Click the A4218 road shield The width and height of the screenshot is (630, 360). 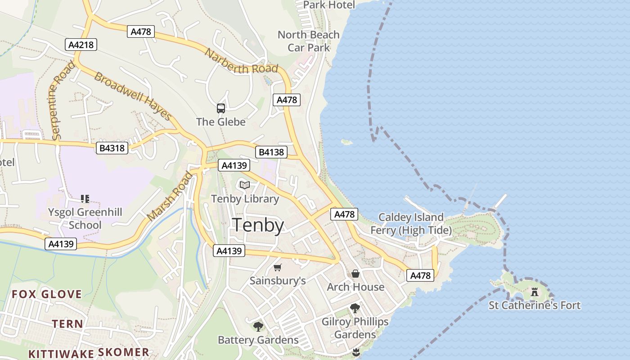81,45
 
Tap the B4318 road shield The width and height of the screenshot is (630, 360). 112,148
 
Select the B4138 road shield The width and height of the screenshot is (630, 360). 271,152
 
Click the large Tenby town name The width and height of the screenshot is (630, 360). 258,225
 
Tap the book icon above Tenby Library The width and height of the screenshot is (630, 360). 245,185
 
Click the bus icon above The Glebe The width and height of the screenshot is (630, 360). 220,108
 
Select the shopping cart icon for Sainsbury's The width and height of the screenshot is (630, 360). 278,268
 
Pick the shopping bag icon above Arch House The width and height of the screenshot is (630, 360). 355,274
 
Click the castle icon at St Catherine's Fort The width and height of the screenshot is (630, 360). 535,292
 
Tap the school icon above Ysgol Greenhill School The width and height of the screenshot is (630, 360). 85,198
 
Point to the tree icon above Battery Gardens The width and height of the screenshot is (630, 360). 258,326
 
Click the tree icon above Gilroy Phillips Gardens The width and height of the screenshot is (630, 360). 355,308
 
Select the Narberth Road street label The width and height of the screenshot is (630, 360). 241,61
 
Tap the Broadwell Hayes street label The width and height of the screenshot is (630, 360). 133,96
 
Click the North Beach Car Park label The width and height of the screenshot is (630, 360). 309,41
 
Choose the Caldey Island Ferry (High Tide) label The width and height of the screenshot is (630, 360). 410,224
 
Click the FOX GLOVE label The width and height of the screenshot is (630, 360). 47,295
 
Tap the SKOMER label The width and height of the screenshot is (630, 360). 123,352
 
